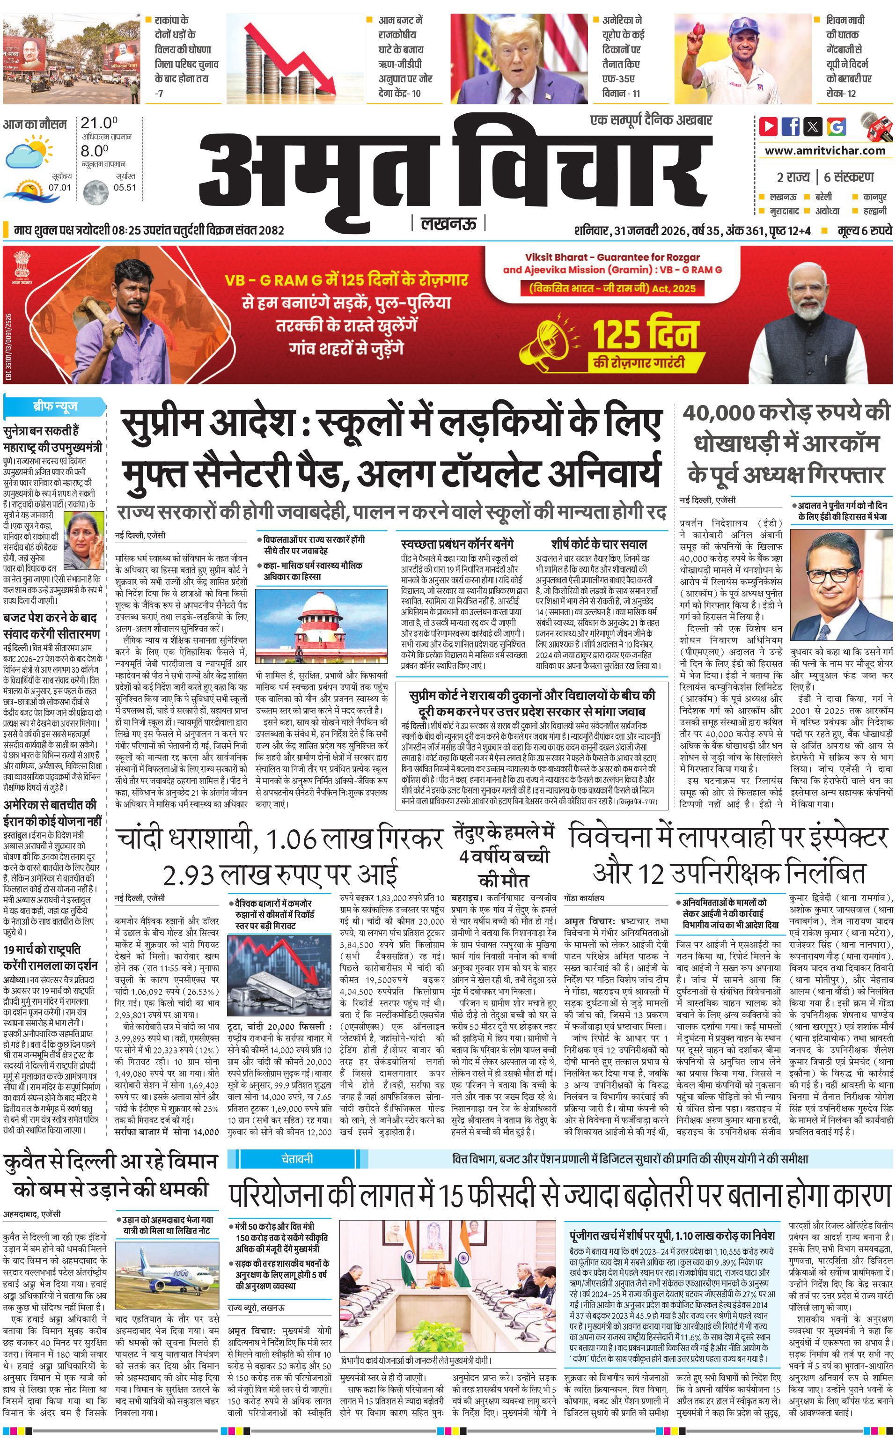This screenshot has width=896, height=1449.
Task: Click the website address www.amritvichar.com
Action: click(825, 151)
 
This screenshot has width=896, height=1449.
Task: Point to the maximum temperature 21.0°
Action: click(99, 123)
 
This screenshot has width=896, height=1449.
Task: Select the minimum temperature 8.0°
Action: click(95, 151)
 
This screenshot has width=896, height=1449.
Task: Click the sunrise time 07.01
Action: click(60, 187)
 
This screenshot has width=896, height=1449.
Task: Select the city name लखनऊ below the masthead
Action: click(448, 224)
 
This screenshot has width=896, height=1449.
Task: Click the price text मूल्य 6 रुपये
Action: click(865, 230)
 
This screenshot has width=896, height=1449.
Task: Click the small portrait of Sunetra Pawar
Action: click(84, 540)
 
